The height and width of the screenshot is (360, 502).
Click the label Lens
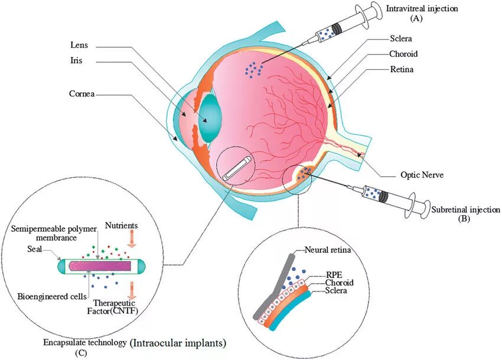coord(80,44)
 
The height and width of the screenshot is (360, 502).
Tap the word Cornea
coord(82,93)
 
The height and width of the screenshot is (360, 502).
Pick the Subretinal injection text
coord(465,210)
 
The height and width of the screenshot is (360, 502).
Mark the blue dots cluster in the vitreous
coord(254,69)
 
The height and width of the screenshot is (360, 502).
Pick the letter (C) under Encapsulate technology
coord(80,353)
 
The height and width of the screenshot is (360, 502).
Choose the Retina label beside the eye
coord(401,69)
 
